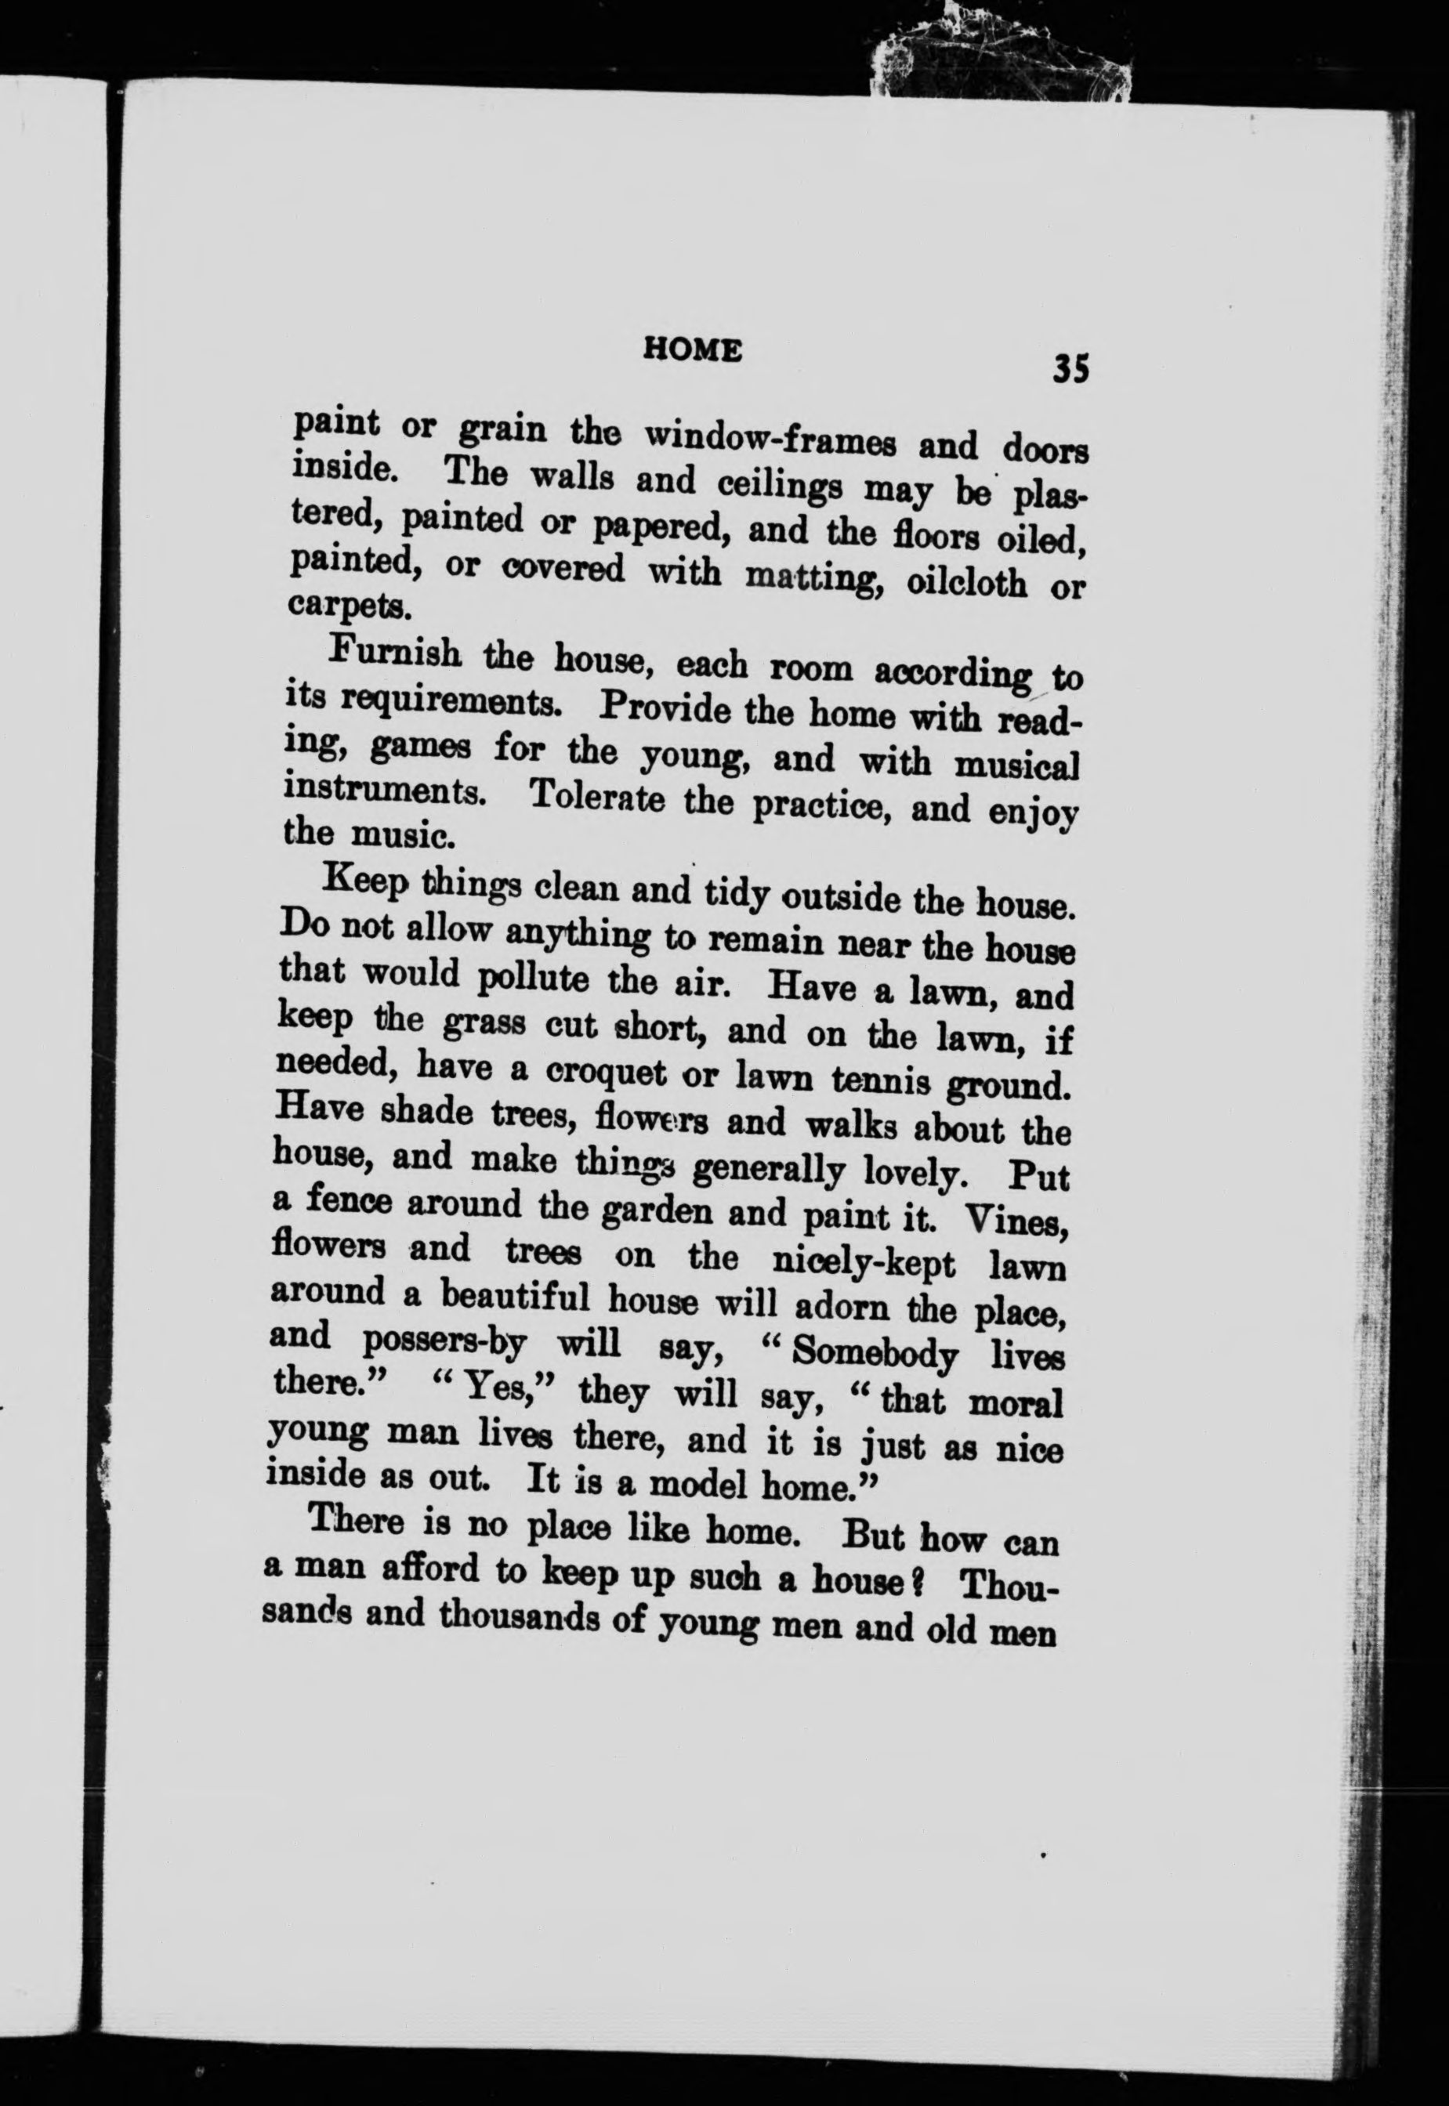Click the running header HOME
click(x=692, y=351)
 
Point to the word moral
click(x=1015, y=1403)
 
